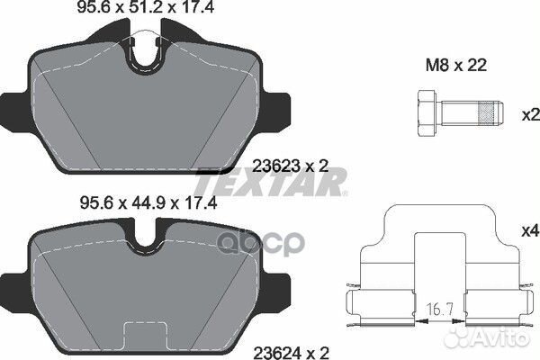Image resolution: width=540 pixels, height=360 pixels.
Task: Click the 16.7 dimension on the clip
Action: (x=436, y=310)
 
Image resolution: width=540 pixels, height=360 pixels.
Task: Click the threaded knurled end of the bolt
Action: (x=487, y=114)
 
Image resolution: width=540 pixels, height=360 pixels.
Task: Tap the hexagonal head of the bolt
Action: (x=427, y=114)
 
